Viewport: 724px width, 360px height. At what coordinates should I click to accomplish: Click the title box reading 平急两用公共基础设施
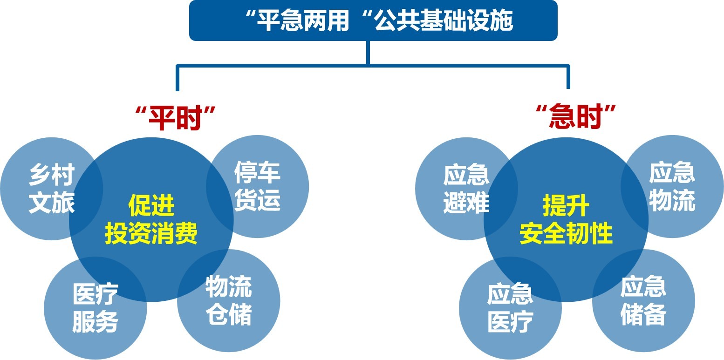tap(373, 20)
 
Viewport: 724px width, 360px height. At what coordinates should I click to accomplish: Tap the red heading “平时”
tap(176, 117)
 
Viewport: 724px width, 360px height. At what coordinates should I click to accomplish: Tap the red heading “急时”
tap(576, 116)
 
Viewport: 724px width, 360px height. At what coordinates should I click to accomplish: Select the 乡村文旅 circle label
tap(52, 189)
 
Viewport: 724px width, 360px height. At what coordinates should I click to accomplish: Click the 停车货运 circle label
tap(257, 186)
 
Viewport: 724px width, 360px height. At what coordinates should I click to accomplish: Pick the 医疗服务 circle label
tap(96, 308)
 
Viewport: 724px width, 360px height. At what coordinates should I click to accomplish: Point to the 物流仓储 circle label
tap(229, 300)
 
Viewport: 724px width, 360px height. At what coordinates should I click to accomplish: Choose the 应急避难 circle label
tap(466, 189)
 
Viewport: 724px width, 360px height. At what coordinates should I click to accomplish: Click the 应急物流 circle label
tap(672, 186)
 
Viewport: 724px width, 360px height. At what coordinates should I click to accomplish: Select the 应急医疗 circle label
tap(510, 308)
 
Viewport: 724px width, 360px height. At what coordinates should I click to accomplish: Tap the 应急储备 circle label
tap(643, 300)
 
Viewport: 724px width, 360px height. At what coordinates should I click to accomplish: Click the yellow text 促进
tap(151, 205)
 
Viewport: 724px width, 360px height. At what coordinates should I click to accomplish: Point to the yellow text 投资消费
tap(151, 233)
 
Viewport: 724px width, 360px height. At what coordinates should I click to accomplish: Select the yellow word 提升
tap(566, 205)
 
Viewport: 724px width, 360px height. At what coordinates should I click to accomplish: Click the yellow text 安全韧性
tap(566, 233)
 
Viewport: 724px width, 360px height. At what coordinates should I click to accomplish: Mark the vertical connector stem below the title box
tap(368, 53)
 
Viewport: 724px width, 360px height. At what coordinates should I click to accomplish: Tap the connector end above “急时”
tap(568, 88)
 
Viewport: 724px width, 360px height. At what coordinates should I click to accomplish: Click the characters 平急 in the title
tap(280, 20)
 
